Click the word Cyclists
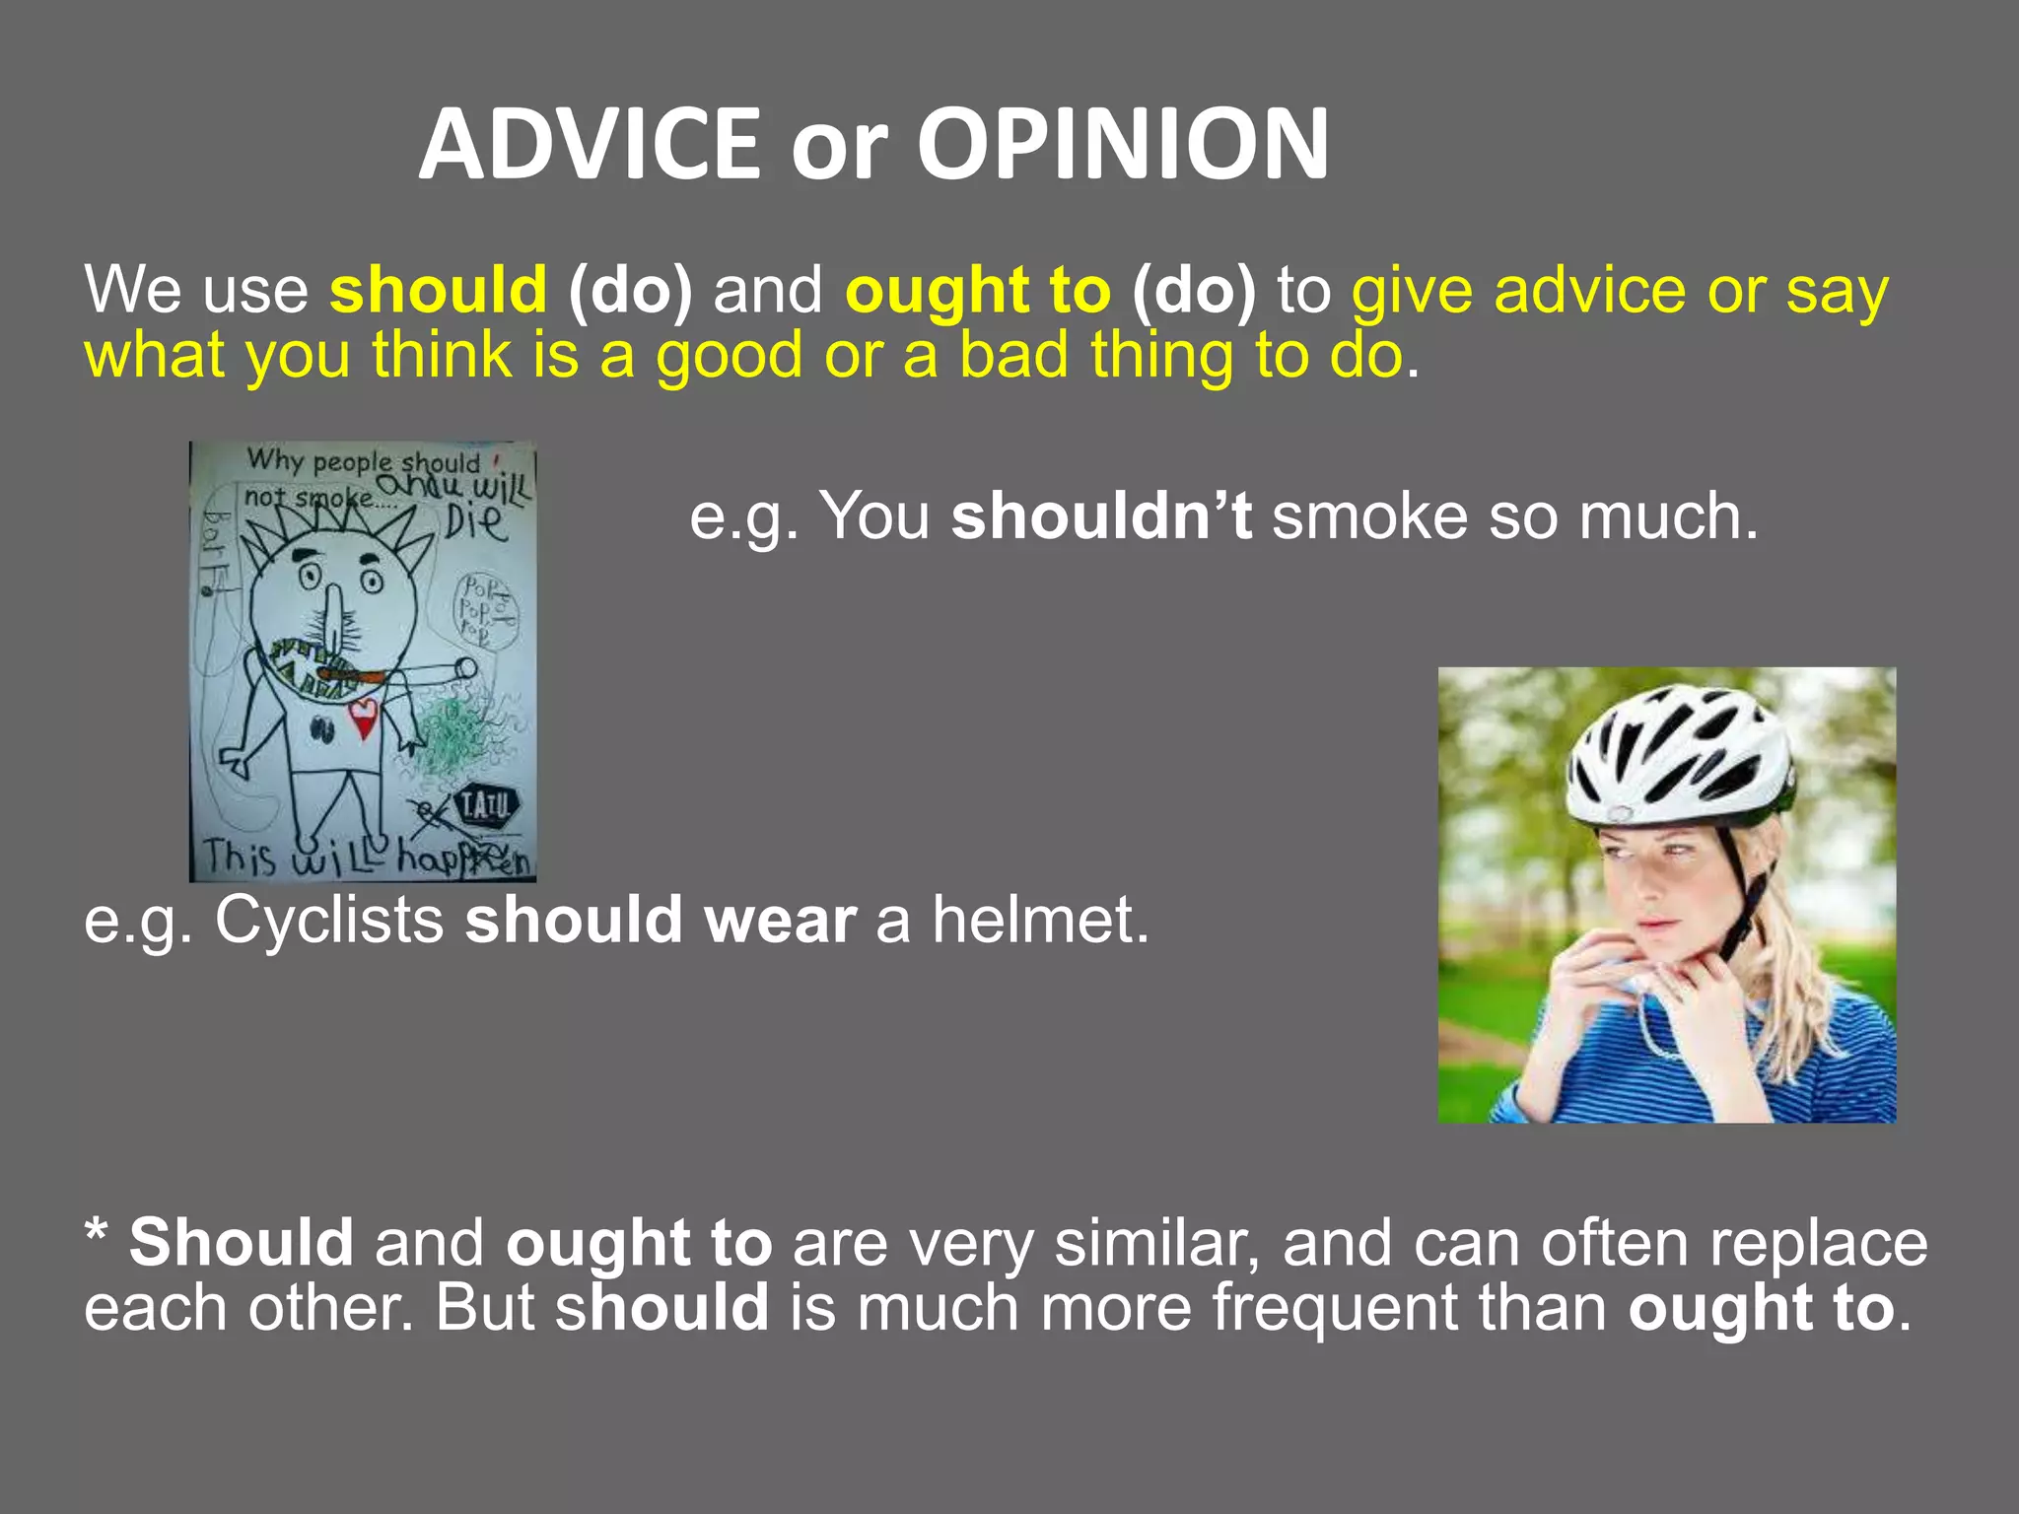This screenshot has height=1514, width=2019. click(x=329, y=920)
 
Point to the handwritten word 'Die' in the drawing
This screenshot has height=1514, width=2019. click(x=475, y=522)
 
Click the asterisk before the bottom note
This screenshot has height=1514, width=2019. click(x=96, y=1234)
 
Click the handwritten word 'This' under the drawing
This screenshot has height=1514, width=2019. click(x=240, y=857)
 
